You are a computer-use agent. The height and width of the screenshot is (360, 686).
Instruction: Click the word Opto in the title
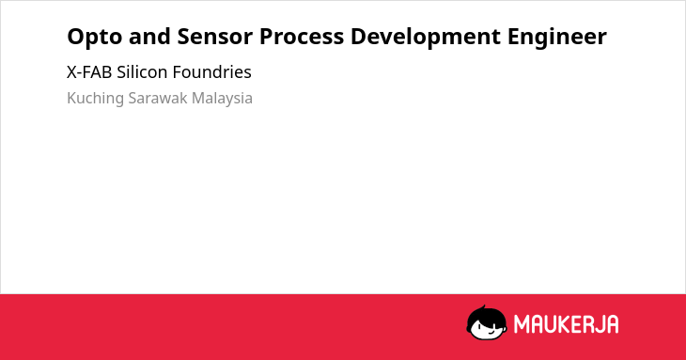95,38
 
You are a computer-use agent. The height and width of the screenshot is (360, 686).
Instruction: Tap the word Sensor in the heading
215,37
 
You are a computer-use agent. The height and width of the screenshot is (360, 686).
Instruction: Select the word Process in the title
302,37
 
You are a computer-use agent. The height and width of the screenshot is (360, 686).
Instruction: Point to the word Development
426,38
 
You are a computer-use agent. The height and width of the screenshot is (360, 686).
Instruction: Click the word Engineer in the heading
557,38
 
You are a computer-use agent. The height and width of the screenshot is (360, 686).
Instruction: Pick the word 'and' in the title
149,37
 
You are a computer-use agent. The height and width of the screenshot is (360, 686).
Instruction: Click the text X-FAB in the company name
89,72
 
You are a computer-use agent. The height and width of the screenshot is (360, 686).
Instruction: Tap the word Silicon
142,72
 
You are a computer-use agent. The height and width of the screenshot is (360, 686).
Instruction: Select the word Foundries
211,72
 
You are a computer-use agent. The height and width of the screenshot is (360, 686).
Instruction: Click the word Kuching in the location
95,99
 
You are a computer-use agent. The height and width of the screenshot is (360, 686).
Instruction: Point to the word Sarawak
158,98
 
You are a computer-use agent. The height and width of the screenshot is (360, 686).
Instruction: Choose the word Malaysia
222,99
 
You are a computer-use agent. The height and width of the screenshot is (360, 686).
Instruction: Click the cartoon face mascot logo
487,322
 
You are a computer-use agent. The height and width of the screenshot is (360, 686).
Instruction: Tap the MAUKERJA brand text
566,324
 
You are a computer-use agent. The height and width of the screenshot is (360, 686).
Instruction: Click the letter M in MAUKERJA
522,324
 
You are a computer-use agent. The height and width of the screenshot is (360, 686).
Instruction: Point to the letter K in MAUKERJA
559,324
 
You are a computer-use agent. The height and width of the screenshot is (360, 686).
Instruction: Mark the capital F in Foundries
178,72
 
